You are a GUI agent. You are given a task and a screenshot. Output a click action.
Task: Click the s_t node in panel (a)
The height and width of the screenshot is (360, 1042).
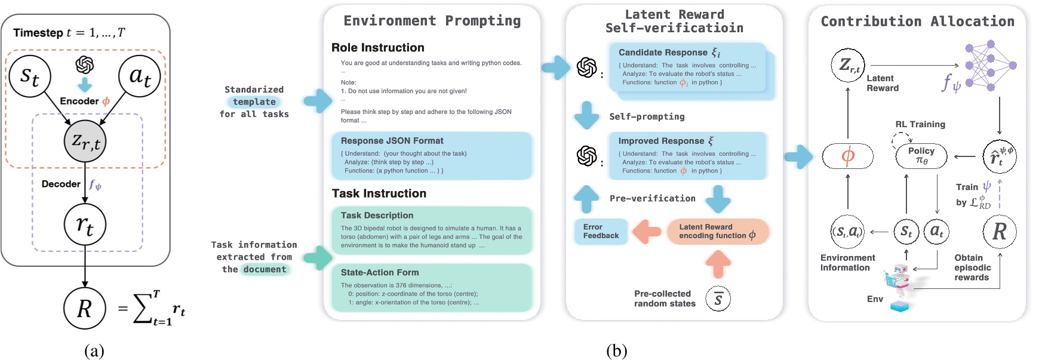pos(30,76)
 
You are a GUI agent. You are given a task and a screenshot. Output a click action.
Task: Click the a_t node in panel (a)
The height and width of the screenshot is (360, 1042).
pos(140,76)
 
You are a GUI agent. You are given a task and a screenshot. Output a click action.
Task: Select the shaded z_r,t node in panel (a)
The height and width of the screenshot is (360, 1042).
pos(85,141)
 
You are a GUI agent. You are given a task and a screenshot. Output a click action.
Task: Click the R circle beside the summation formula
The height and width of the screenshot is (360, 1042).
pos(85,308)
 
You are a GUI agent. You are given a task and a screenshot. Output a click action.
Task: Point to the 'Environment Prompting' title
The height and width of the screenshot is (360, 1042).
pos(432,21)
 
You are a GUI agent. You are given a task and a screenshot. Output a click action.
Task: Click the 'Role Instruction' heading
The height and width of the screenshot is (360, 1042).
pos(377,48)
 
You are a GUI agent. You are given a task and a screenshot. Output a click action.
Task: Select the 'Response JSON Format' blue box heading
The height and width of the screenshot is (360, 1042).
pos(392,141)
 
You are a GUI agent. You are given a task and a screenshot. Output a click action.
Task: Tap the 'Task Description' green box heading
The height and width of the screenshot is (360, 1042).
pos(377,216)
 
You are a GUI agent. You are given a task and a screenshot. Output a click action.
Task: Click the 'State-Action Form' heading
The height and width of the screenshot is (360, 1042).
pos(380,272)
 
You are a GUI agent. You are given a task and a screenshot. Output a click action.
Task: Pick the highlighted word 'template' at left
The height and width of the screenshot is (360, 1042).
pos(254,102)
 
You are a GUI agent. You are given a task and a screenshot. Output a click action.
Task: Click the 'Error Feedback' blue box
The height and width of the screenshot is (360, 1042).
pos(601,232)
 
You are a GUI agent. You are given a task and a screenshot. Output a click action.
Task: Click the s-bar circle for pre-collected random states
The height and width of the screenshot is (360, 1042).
pos(718,299)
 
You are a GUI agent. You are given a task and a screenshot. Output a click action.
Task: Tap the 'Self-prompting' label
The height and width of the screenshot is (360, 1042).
pos(647,117)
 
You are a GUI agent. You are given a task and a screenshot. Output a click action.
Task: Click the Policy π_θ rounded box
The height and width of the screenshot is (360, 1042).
pos(921,156)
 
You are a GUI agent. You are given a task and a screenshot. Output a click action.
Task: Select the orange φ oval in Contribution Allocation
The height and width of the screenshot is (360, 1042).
pos(847,156)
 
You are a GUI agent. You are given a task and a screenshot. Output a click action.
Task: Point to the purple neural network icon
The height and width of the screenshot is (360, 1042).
pos(990,65)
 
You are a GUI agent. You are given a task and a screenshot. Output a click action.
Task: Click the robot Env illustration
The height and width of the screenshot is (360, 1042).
pos(899,285)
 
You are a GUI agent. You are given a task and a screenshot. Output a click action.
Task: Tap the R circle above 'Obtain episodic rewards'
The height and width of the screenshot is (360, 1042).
pos(999,232)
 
